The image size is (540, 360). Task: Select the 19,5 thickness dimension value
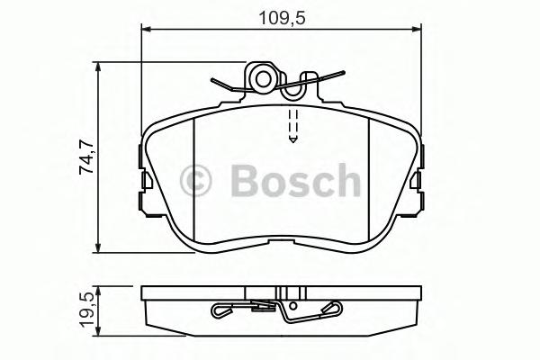coord(87,310)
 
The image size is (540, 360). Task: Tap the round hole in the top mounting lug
coord(263,79)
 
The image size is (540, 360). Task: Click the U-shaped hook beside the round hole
coord(293,88)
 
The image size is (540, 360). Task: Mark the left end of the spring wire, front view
coord(212,81)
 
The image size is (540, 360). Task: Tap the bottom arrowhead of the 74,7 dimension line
coord(98,251)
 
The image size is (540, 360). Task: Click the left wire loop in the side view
coord(221,312)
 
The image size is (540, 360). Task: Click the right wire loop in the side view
coord(331,310)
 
